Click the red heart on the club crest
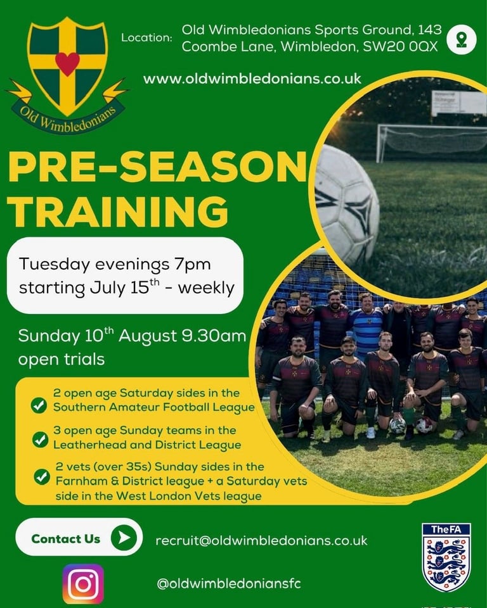pyautogui.click(x=67, y=63)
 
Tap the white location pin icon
pyautogui.click(x=462, y=39)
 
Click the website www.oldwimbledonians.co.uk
pyautogui.click(x=252, y=79)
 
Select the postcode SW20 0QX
pyautogui.click(x=400, y=46)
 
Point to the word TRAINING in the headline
pyautogui.click(x=117, y=211)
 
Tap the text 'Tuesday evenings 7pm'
pyautogui.click(x=115, y=265)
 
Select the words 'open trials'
pyautogui.click(x=62, y=360)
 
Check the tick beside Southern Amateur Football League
pyautogui.click(x=39, y=405)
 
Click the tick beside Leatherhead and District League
pyautogui.click(x=40, y=440)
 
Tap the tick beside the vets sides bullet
pyautogui.click(x=42, y=477)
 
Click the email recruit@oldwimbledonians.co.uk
pyautogui.click(x=261, y=540)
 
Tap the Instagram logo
pyautogui.click(x=83, y=584)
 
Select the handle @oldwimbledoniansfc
pyautogui.click(x=229, y=583)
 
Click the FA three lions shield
pyautogui.click(x=446, y=557)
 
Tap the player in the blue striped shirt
pyautogui.click(x=367, y=327)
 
